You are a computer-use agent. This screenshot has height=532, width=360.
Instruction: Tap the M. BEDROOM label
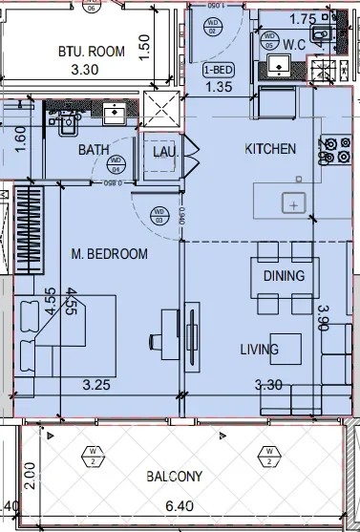110,254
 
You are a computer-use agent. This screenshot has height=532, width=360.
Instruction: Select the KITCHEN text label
271,149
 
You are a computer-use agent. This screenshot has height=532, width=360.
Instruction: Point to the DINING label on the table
284,276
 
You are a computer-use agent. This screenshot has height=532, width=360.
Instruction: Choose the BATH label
94,150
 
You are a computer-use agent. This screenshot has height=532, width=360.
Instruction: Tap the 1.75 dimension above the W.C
303,18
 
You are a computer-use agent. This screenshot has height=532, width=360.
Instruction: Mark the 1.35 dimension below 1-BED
221,89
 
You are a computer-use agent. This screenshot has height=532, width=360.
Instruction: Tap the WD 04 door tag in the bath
116,160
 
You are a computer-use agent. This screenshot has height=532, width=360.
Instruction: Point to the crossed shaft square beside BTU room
159,107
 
